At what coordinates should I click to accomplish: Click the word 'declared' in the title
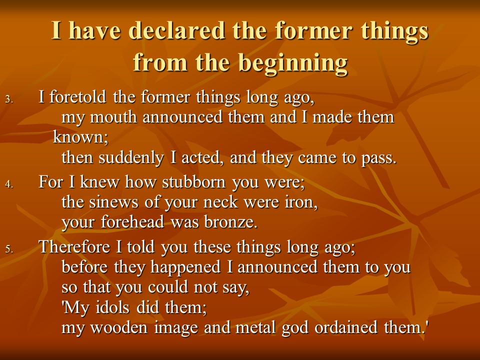176,30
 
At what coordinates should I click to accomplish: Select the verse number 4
9,184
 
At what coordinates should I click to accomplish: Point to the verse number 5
9,249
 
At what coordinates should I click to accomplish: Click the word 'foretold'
78,97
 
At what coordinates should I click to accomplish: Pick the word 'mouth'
113,117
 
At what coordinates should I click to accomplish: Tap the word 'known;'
81,137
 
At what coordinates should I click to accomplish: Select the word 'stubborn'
193,182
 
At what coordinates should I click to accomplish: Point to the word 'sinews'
113,202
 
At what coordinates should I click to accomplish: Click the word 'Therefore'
74,246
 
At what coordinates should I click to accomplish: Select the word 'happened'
185,267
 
